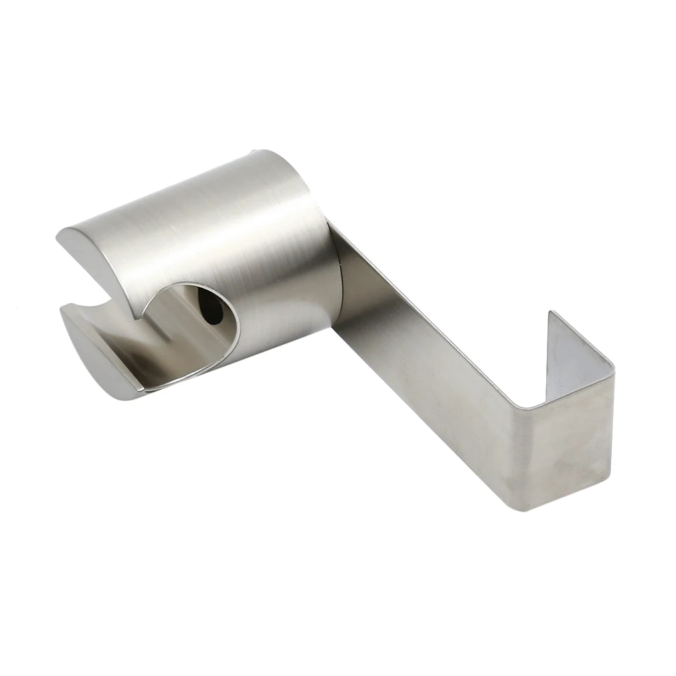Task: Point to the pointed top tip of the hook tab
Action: point(550,312)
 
